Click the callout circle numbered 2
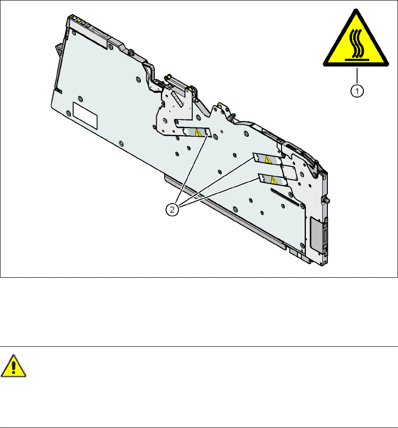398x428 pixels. coord(173,210)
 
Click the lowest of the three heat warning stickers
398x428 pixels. coord(272,179)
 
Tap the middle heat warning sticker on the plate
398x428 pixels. coord(267,160)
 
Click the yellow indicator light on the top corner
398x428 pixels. coord(80,21)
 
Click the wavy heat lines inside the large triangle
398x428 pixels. coord(355,46)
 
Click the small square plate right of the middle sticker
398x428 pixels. coord(289,171)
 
